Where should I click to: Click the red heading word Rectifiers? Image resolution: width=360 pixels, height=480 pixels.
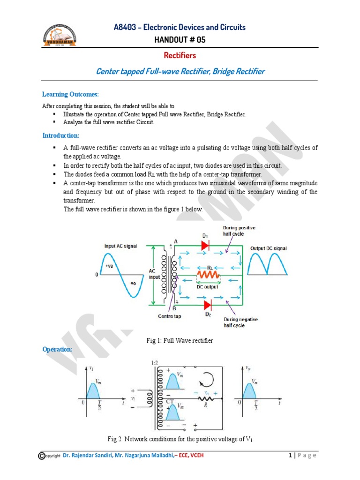pyautogui.click(x=180, y=55)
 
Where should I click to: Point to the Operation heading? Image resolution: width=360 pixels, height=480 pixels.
pyautogui.click(x=57, y=349)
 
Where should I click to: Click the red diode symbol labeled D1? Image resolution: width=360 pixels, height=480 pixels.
pyautogui.click(x=205, y=245)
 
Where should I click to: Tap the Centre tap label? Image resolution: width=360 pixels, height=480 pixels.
pyautogui.click(x=169, y=316)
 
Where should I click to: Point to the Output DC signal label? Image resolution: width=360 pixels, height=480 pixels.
pyautogui.click(x=269, y=248)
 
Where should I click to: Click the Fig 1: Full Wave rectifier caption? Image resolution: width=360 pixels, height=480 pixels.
pyautogui.click(x=180, y=340)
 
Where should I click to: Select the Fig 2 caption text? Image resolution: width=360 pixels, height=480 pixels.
pyautogui.click(x=180, y=439)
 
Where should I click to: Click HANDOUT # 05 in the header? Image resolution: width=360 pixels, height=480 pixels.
pyautogui.click(x=180, y=39)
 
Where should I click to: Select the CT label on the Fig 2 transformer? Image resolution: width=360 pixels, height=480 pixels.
pyautogui.click(x=169, y=401)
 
